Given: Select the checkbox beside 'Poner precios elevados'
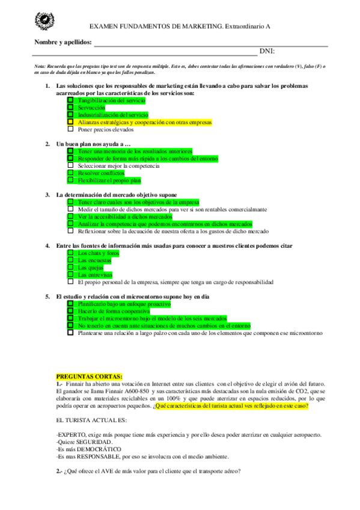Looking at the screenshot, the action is pos(70,129).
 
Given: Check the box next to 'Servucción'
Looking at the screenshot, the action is pos(70,107).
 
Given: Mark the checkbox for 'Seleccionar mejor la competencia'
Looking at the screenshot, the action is pos(70,165).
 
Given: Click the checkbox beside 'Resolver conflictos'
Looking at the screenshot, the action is pos(70,173).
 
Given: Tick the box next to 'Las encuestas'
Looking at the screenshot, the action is pos(70,260).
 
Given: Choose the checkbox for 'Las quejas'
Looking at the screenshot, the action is pos(70,267).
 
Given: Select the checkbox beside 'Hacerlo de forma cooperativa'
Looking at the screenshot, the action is pos(70,311).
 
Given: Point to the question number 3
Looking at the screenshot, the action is pos(47,195).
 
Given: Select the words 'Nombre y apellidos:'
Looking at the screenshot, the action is pos(63,42).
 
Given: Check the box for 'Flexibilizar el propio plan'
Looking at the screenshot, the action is pos(70,180).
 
